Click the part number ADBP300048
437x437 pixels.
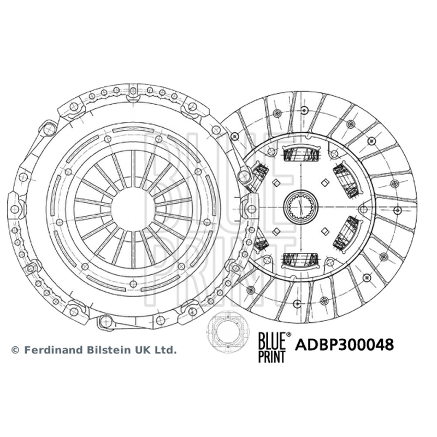(x=345, y=345)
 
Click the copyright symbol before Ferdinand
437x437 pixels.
(x=15, y=350)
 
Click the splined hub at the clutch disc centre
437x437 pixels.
(x=301, y=206)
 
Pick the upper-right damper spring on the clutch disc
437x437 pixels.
(x=347, y=180)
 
